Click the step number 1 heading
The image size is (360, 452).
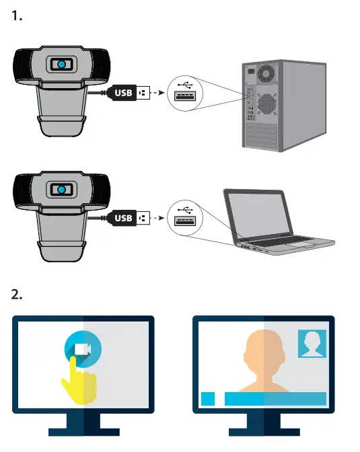point(18,16)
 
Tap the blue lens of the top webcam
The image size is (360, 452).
point(61,64)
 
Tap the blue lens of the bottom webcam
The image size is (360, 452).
point(61,191)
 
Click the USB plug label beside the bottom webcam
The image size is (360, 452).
point(124,218)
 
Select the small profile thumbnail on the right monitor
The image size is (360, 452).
point(312,344)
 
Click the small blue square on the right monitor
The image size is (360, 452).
point(208,398)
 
